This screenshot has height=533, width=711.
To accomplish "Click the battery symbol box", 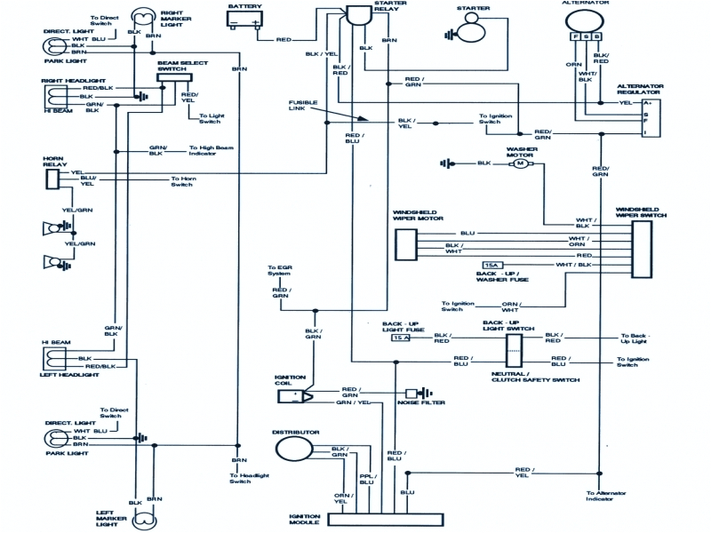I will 244,20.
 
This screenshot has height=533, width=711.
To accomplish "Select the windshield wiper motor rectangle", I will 405,245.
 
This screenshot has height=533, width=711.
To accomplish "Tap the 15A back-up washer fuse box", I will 492,266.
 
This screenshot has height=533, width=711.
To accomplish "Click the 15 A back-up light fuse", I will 400,338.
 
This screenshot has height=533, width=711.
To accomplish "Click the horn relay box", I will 54,179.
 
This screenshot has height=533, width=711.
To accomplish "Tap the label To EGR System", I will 281,271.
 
